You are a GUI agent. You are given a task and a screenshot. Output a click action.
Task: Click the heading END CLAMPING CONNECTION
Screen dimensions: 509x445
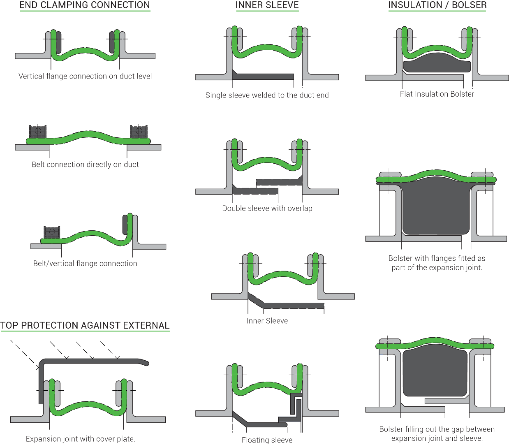(85, 5)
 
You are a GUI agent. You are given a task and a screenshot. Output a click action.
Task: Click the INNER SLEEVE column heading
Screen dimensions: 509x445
(267, 5)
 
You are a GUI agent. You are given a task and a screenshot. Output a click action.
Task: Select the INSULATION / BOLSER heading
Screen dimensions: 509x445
(437, 5)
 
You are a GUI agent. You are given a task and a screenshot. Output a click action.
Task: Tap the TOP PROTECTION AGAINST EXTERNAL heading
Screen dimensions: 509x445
(85, 325)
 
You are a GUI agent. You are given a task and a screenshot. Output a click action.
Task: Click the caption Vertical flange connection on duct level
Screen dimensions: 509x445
(85, 76)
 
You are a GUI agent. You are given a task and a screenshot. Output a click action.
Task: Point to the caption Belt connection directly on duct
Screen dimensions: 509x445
(85, 165)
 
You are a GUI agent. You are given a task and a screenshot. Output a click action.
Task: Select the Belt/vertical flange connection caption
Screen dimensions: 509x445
(85, 263)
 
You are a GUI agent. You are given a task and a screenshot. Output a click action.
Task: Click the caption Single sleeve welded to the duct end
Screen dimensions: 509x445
(267, 95)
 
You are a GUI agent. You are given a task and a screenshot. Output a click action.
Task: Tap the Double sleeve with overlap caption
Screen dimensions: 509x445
(267, 209)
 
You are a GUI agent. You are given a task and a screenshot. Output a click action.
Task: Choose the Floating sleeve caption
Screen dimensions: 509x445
(267, 440)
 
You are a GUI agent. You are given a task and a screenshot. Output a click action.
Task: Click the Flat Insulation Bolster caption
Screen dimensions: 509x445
(437, 94)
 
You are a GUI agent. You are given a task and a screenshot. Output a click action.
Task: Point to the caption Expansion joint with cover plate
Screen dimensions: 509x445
(81, 439)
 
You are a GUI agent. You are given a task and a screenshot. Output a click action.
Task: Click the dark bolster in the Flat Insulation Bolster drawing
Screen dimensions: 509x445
(437, 63)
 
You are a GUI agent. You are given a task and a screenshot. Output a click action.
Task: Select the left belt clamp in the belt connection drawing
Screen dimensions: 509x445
(38, 132)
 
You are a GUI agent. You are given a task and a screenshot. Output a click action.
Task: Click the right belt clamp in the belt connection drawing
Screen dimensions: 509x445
(139, 132)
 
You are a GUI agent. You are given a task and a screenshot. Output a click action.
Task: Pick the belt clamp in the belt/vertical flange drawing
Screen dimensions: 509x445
(52, 232)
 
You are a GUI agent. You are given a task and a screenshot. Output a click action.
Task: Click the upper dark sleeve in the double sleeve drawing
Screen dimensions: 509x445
(279, 181)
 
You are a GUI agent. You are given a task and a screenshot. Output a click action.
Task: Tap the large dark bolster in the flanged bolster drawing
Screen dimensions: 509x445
(436, 206)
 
